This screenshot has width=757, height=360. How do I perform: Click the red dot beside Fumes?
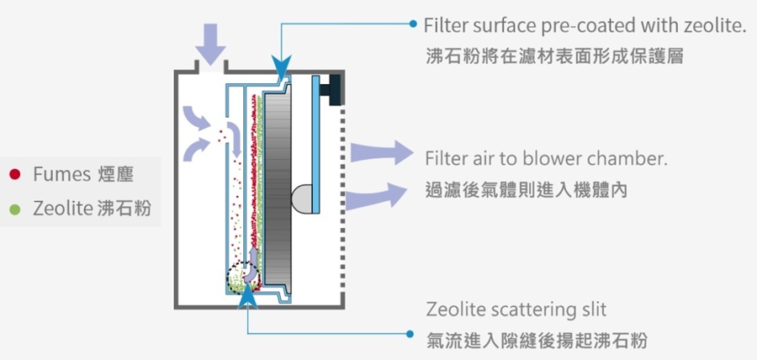tap(14, 175)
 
